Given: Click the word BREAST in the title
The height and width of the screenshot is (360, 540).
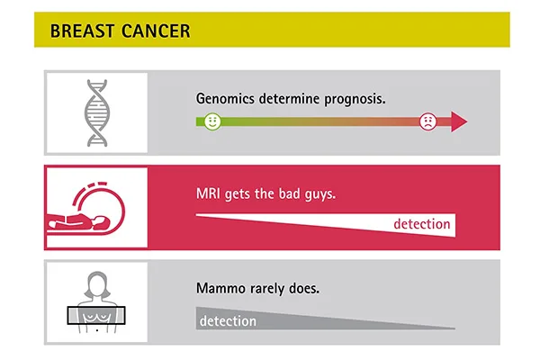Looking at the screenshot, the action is (x=82, y=31).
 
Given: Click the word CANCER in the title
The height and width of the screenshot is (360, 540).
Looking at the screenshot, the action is (x=156, y=31).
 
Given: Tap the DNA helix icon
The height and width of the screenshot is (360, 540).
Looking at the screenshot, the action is (x=97, y=113).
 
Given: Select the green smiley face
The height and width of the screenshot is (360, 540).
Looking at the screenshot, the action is (x=212, y=121).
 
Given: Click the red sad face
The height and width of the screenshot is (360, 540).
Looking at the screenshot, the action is (x=428, y=121).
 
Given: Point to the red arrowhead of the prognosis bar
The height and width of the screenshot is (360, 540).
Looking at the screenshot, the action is (x=459, y=121).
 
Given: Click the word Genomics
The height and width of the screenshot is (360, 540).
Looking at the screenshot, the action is (x=225, y=99).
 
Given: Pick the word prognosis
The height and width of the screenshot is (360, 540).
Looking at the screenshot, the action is (x=355, y=99).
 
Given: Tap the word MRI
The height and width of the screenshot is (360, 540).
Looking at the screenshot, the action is (x=208, y=193).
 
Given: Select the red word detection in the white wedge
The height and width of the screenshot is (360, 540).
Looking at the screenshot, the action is (x=422, y=224).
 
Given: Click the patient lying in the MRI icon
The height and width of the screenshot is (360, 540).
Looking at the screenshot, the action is (x=78, y=222).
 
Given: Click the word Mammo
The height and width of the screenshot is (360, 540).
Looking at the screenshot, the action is (x=220, y=288).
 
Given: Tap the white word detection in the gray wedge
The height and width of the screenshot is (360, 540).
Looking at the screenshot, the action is (x=228, y=321).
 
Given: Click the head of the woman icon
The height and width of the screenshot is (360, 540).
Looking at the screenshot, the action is (x=97, y=284).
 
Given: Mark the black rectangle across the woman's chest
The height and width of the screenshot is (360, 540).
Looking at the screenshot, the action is (x=96, y=315).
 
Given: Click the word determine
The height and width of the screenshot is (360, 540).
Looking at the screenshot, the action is (x=289, y=99).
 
